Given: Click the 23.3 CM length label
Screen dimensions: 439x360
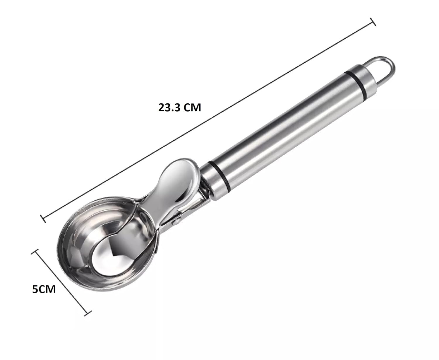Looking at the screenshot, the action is click(180, 108).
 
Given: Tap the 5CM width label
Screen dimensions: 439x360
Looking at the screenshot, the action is click(44, 290).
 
